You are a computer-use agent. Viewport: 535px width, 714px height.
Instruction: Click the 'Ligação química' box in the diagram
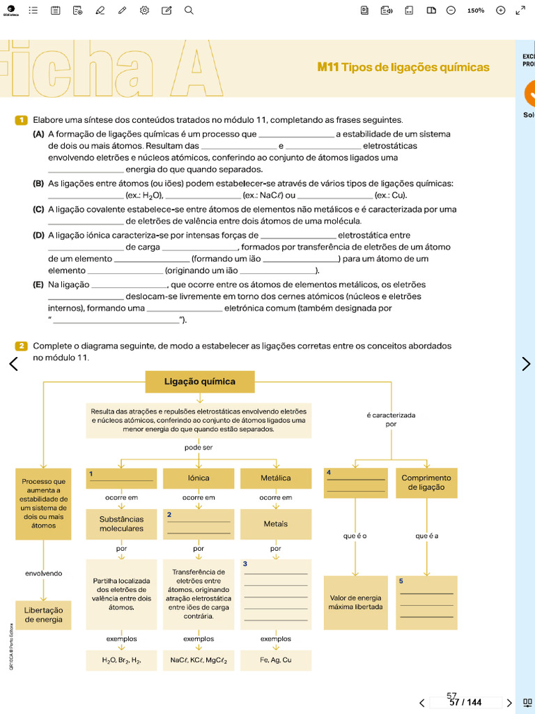(200, 382)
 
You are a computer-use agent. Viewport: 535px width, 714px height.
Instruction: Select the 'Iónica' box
(199, 478)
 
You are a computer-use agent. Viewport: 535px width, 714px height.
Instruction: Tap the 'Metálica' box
(276, 478)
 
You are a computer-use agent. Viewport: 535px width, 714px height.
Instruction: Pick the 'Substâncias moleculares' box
(121, 524)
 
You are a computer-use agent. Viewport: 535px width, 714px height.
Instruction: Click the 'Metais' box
(276, 524)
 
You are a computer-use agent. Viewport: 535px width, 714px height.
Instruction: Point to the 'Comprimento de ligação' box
(426, 483)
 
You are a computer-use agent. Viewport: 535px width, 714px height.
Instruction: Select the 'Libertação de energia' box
(43, 614)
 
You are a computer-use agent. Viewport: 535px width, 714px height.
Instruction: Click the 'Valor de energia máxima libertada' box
(355, 602)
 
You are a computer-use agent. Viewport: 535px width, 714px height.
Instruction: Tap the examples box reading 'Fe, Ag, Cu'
(276, 660)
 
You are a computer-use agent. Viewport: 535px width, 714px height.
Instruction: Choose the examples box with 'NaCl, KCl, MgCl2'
(199, 660)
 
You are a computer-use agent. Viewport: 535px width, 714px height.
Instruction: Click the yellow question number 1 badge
(21, 120)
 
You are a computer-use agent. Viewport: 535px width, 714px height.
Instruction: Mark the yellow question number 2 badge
(21, 346)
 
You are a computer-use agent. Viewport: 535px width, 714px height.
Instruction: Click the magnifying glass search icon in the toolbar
(189, 10)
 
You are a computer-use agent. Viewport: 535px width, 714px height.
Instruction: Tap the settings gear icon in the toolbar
(144, 10)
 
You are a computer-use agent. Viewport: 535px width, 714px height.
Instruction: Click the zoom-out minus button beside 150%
(451, 10)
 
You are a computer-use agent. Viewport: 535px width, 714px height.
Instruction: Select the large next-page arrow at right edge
(526, 363)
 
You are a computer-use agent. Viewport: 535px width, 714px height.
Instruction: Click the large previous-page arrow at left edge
(13, 363)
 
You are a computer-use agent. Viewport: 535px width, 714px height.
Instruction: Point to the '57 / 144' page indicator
(465, 702)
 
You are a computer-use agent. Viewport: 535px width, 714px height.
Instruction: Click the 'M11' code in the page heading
(327, 68)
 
